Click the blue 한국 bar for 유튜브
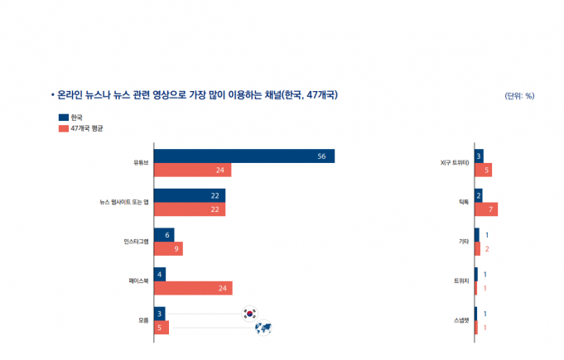243,156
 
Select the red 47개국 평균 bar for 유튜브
192,170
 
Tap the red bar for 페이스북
192,288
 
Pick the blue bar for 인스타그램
164,235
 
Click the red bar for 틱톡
486,209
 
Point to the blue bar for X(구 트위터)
479,156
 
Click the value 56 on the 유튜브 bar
322,156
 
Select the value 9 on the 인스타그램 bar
177,249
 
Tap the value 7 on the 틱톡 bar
492,209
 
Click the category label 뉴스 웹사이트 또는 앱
123,203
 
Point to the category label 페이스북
137,281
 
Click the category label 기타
464,242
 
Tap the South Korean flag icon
249,313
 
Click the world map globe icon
264,329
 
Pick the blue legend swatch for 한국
63,118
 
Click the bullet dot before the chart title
52,95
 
